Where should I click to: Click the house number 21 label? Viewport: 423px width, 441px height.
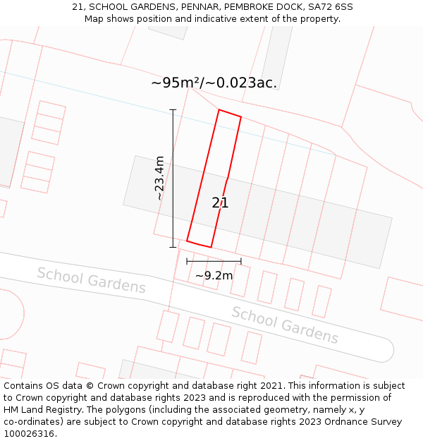tap(220, 203)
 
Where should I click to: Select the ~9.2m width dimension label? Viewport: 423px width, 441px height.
tap(214, 275)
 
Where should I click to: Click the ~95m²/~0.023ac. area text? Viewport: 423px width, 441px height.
tap(214, 83)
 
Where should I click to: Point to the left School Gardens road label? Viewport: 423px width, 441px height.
tap(91, 280)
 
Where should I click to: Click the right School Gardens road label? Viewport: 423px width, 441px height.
tap(285, 325)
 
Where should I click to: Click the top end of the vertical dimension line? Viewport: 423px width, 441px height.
tap(173, 110)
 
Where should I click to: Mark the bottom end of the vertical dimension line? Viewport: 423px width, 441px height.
tap(173, 247)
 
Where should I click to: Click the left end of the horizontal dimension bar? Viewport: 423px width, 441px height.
tap(187, 261)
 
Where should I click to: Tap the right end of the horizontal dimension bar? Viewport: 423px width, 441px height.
tap(241, 261)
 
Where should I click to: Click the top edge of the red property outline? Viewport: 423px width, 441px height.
tap(230, 113)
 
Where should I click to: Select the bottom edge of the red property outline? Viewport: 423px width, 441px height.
tap(199, 244)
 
